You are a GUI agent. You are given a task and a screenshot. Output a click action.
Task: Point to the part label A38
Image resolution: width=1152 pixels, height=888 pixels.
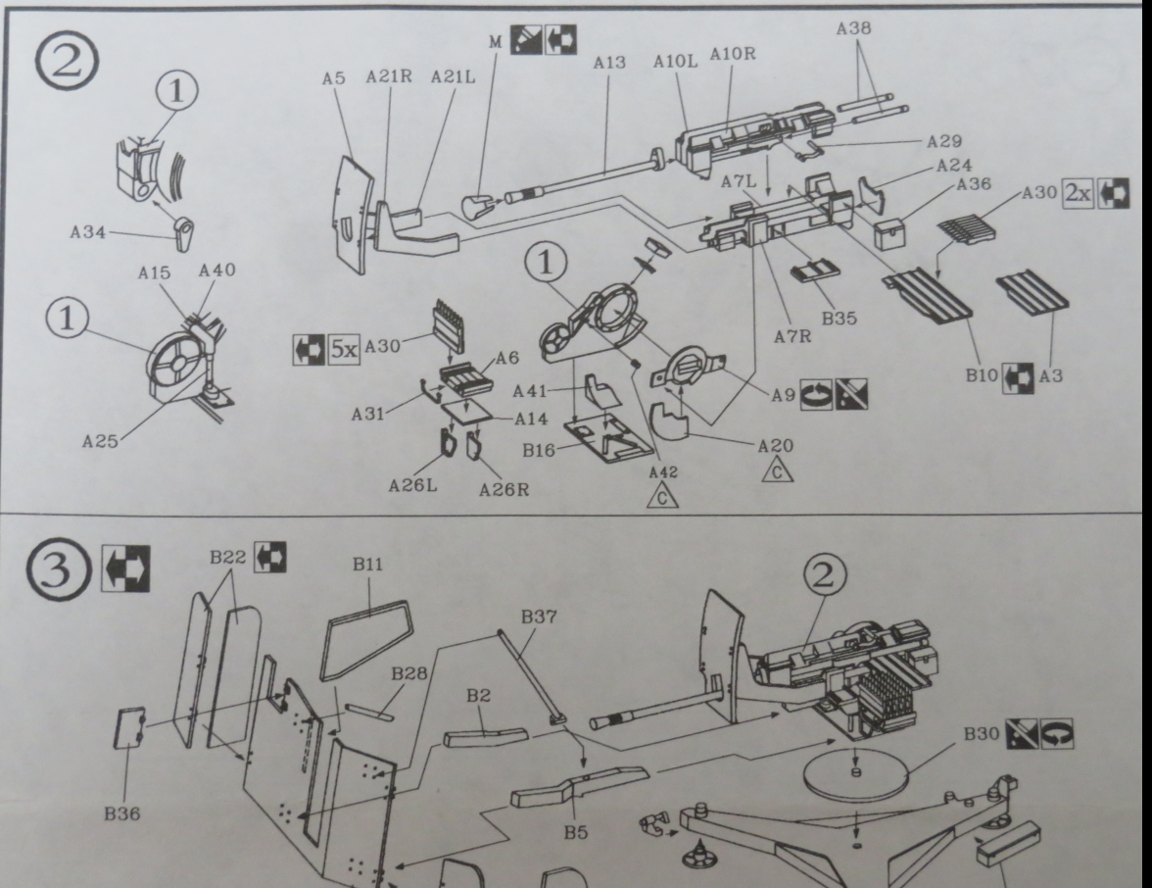point(855,30)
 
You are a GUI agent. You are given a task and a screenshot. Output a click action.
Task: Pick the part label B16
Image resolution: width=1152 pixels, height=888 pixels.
point(539,450)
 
